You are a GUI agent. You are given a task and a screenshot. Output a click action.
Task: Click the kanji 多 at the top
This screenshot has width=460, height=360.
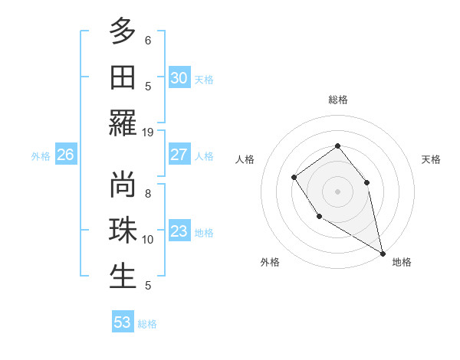[x=123, y=31]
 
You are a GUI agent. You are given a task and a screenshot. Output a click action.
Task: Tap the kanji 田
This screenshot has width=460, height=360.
[x=123, y=77]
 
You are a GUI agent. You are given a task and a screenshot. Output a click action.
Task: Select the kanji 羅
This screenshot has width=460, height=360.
[x=123, y=123]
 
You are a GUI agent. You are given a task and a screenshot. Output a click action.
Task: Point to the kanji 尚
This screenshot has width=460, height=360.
[x=123, y=185]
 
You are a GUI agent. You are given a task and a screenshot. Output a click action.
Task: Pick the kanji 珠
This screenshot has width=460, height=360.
[x=123, y=231]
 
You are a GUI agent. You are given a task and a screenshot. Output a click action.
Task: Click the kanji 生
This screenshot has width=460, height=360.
[x=123, y=276]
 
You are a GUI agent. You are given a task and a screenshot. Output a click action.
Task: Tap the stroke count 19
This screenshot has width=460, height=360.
[x=148, y=132]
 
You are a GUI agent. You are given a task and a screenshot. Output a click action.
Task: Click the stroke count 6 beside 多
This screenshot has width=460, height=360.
[x=148, y=40]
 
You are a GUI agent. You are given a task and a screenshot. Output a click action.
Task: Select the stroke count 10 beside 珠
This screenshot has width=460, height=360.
[x=148, y=240]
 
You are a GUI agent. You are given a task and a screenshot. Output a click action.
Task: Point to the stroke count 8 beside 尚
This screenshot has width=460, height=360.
[x=148, y=194]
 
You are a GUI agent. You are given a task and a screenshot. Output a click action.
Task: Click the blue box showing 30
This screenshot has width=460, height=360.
[x=179, y=77]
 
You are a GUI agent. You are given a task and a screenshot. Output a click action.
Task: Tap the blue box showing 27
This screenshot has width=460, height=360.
[x=179, y=155]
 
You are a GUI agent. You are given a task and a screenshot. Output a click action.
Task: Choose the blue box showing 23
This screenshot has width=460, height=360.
[x=179, y=231]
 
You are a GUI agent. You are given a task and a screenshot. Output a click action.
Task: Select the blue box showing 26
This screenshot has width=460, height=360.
[x=65, y=155]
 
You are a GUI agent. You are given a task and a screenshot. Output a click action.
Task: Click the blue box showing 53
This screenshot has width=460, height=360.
[x=123, y=322]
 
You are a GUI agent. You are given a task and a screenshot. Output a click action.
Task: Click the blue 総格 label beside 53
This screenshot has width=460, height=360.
[x=147, y=324]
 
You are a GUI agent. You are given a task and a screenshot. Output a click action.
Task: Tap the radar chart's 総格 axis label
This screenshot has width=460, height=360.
[x=338, y=100]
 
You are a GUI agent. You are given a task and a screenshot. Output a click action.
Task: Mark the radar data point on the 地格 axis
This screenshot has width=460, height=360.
[x=383, y=254]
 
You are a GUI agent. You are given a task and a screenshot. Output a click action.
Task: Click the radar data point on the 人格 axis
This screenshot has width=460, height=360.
[x=294, y=178]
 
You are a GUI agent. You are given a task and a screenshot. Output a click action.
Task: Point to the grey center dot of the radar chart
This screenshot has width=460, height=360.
[x=337, y=191]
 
